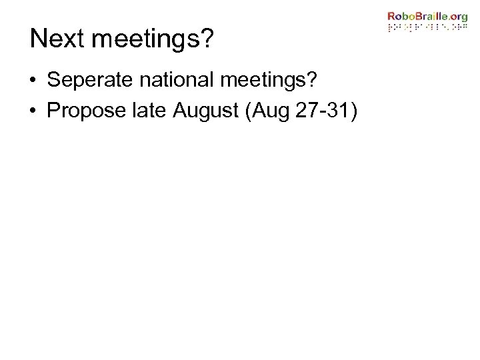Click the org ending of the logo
(x=459, y=17)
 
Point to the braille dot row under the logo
(x=428, y=29)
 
